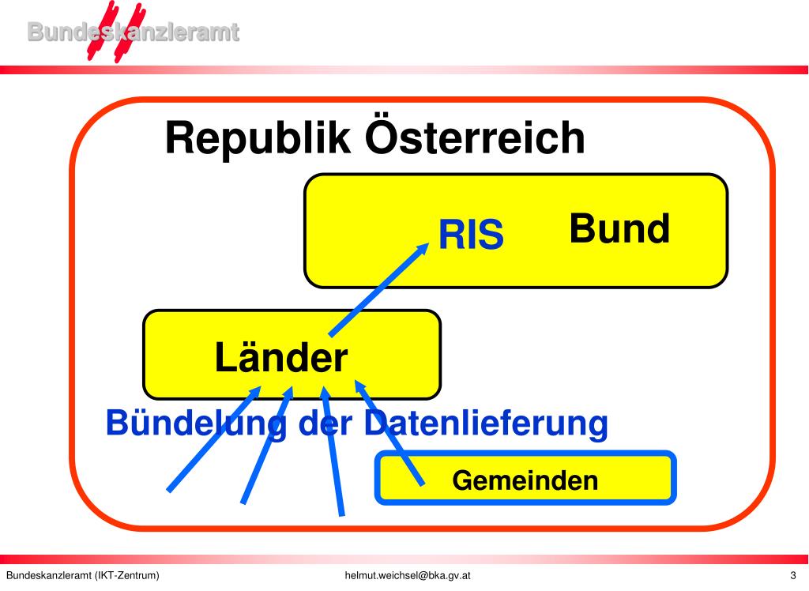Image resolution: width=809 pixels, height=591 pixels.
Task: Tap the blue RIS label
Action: [x=471, y=235]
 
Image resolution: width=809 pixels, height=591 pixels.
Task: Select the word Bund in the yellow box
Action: [x=619, y=229]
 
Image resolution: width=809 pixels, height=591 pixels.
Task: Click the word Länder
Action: [x=280, y=358]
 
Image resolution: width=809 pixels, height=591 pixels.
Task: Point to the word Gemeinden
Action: [x=525, y=480]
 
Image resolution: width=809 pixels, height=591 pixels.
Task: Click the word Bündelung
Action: [x=196, y=424]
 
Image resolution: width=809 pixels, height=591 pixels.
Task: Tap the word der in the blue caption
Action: [x=327, y=423]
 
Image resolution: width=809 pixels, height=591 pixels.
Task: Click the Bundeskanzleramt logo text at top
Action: [x=133, y=32]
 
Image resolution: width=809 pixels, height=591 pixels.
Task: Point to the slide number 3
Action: [x=792, y=575]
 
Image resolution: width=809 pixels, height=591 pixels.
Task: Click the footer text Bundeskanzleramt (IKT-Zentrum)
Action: [x=83, y=575]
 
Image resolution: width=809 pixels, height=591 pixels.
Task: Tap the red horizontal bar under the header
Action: [x=474, y=70]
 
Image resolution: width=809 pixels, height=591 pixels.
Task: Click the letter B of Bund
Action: [x=582, y=229]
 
